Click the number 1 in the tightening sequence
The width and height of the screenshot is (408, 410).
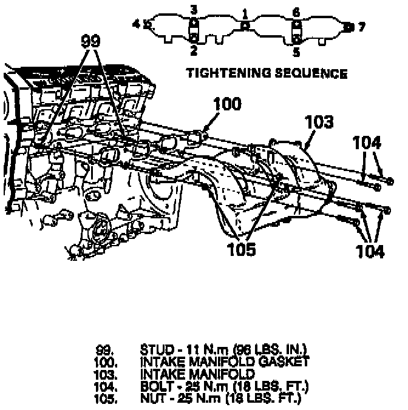click(x=245, y=12)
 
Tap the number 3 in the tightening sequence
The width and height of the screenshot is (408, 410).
click(x=194, y=9)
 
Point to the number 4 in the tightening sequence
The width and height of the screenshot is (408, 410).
click(x=137, y=24)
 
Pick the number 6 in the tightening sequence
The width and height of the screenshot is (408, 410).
click(x=296, y=12)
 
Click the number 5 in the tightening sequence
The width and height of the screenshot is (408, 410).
click(x=296, y=52)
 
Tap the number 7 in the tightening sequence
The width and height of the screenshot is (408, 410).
click(x=362, y=27)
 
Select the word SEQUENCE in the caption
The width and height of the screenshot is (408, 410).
click(x=310, y=74)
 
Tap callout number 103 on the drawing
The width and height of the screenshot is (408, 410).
click(x=320, y=122)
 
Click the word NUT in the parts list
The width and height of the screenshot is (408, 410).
click(x=151, y=398)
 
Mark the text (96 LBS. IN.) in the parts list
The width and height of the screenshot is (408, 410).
click(x=267, y=350)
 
